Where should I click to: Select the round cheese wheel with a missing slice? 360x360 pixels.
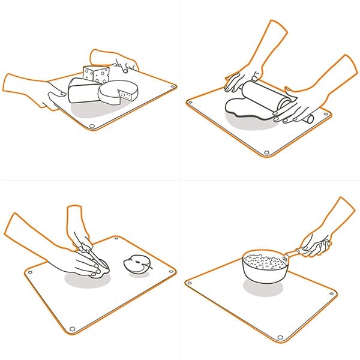[x=116, y=95]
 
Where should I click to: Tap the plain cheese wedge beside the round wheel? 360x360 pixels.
[x=83, y=91]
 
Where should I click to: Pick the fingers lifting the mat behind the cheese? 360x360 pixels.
[x=123, y=61]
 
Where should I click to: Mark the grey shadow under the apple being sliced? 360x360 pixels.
[x=84, y=281]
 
